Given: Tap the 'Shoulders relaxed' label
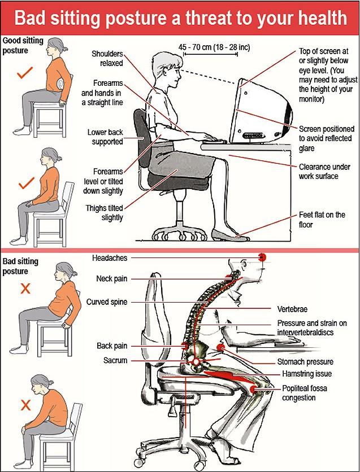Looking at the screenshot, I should pyautogui.click(x=108, y=58).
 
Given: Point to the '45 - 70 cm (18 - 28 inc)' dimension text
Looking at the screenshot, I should pyautogui.click(x=214, y=47).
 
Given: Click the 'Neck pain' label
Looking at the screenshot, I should pyautogui.click(x=111, y=279).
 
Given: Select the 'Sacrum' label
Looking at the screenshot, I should pyautogui.click(x=115, y=360).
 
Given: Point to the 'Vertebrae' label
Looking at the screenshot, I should pyautogui.click(x=292, y=309).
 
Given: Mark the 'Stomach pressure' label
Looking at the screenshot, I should pyautogui.click(x=305, y=361).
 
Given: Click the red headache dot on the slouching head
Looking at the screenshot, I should pyautogui.click(x=262, y=257).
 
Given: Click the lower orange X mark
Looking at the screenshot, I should pyautogui.click(x=25, y=404).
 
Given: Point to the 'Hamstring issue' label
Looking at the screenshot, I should pyautogui.click(x=307, y=374).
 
